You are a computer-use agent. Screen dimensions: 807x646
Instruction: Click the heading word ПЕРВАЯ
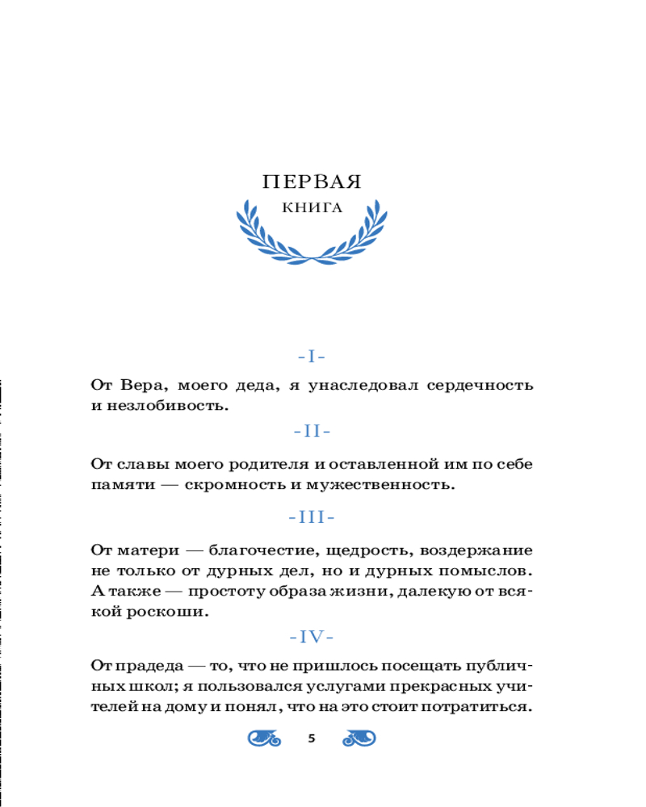click(312, 182)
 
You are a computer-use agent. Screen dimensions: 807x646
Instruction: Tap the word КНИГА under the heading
click(312, 208)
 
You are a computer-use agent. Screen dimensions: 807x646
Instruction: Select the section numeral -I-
click(312, 356)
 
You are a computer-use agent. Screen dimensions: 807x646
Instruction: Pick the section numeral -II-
click(312, 431)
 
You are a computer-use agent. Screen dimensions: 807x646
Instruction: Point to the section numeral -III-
click(312, 516)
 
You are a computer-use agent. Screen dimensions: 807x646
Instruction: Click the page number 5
click(312, 738)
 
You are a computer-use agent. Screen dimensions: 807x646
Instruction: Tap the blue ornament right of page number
click(360, 738)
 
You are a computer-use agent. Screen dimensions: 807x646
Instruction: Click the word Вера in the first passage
click(142, 385)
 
